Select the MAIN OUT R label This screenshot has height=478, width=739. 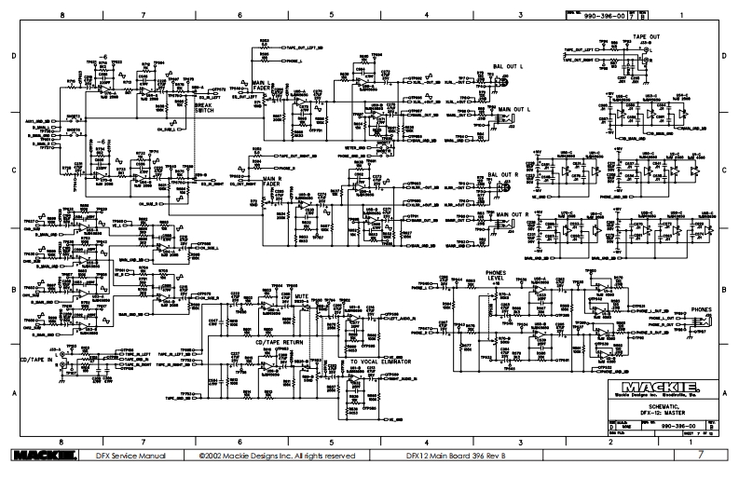click(x=513, y=213)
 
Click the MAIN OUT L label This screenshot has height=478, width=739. click(x=513, y=109)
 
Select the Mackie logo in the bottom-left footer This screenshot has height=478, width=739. click(x=39, y=457)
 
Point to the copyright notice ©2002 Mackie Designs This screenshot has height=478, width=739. click(x=277, y=457)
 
